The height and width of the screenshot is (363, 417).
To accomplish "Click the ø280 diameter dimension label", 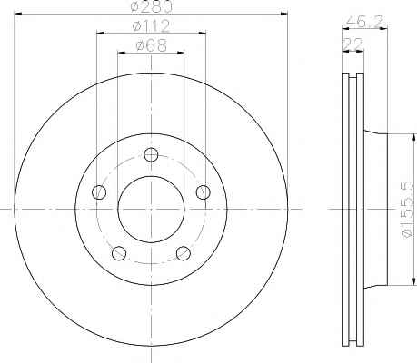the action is (152, 6).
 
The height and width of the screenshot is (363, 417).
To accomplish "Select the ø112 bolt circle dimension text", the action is (152, 26).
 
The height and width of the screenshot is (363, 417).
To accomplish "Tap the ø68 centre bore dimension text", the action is (152, 45).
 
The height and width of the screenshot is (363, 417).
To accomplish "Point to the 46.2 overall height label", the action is (364, 21).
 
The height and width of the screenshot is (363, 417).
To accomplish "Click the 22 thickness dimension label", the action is (352, 44).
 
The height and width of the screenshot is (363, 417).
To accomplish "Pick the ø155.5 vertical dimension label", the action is (407, 209).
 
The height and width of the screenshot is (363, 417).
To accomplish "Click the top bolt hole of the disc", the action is (151, 155).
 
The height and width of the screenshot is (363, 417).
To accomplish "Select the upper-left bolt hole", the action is (99, 192).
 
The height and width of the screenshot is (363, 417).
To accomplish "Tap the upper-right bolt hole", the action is (203, 192).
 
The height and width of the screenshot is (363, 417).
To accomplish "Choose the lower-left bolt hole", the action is (119, 253).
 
